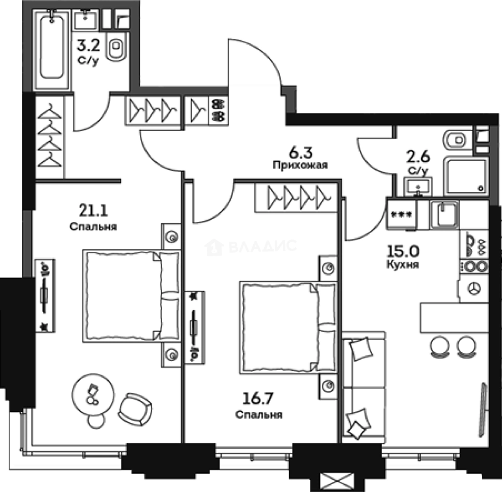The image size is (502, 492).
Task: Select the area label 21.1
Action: click(93, 210)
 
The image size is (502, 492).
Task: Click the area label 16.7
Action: click(258, 399)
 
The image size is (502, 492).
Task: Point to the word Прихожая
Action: click(300, 165)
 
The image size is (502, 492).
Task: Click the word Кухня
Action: click(402, 264)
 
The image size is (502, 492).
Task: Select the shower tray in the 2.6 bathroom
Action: click(466, 176)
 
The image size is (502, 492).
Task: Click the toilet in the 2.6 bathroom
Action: click(458, 140)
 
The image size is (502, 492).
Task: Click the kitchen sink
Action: click(444, 214)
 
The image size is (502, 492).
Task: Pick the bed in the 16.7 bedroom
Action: click(288, 328)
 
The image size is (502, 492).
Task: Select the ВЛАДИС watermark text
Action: click(263, 246)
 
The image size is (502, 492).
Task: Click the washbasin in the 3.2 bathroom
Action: click(85, 20)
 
